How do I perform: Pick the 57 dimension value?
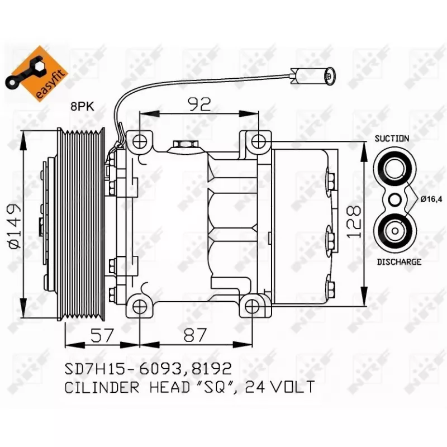[x=102, y=335]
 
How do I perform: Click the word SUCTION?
[x=392, y=138]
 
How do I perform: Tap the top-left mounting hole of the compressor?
[x=139, y=140]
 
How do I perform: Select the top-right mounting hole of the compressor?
[x=258, y=141]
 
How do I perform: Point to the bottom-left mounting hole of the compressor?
[x=139, y=305]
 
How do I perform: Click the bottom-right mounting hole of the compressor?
[x=252, y=305]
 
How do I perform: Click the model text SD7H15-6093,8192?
[x=148, y=368]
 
